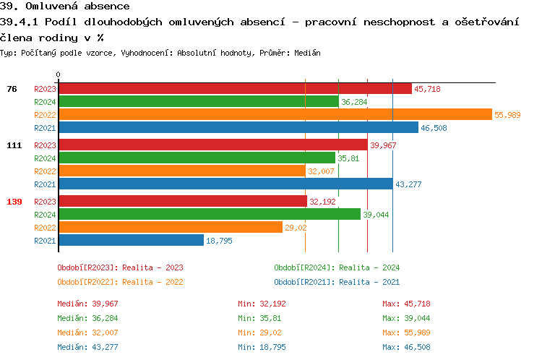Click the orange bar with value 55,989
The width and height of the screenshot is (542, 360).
(275, 114)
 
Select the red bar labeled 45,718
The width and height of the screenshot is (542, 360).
(234, 88)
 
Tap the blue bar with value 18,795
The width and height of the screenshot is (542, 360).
(131, 240)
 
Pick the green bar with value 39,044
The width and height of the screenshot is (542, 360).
(209, 214)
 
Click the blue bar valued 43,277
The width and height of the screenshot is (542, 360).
(225, 184)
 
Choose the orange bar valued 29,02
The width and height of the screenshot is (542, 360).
(170, 227)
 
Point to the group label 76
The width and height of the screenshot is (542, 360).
(12, 89)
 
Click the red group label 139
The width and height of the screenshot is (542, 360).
(14, 202)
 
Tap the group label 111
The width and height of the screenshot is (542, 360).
(14, 145)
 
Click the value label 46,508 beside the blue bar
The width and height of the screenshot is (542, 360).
(434, 128)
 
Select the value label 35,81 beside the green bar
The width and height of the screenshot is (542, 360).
(348, 158)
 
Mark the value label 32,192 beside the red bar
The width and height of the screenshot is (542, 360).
(322, 202)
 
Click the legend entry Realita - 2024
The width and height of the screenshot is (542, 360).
(337, 267)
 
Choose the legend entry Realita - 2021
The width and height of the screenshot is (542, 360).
(337, 282)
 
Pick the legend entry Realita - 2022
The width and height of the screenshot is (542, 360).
(120, 282)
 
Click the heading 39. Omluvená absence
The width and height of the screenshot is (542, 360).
(65, 6)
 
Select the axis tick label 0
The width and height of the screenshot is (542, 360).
(59, 74)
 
